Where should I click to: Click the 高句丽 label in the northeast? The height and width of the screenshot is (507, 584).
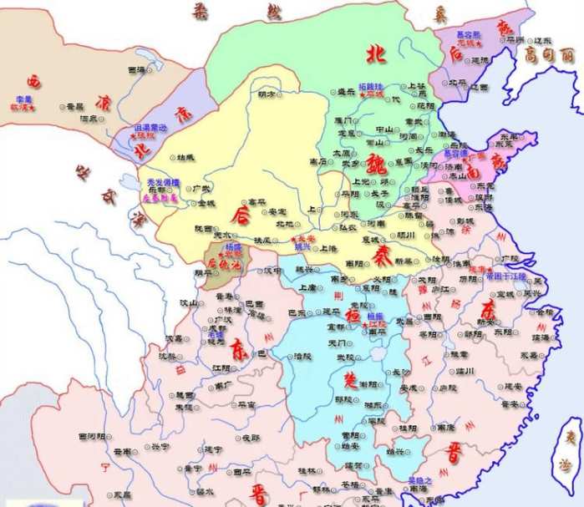click(x=546, y=55)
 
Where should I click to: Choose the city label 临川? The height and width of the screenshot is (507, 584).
click(x=464, y=370)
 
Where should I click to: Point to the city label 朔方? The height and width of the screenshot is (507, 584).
click(x=267, y=93)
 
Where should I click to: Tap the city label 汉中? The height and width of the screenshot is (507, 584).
click(x=272, y=271)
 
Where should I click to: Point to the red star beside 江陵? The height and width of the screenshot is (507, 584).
click(x=362, y=324)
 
